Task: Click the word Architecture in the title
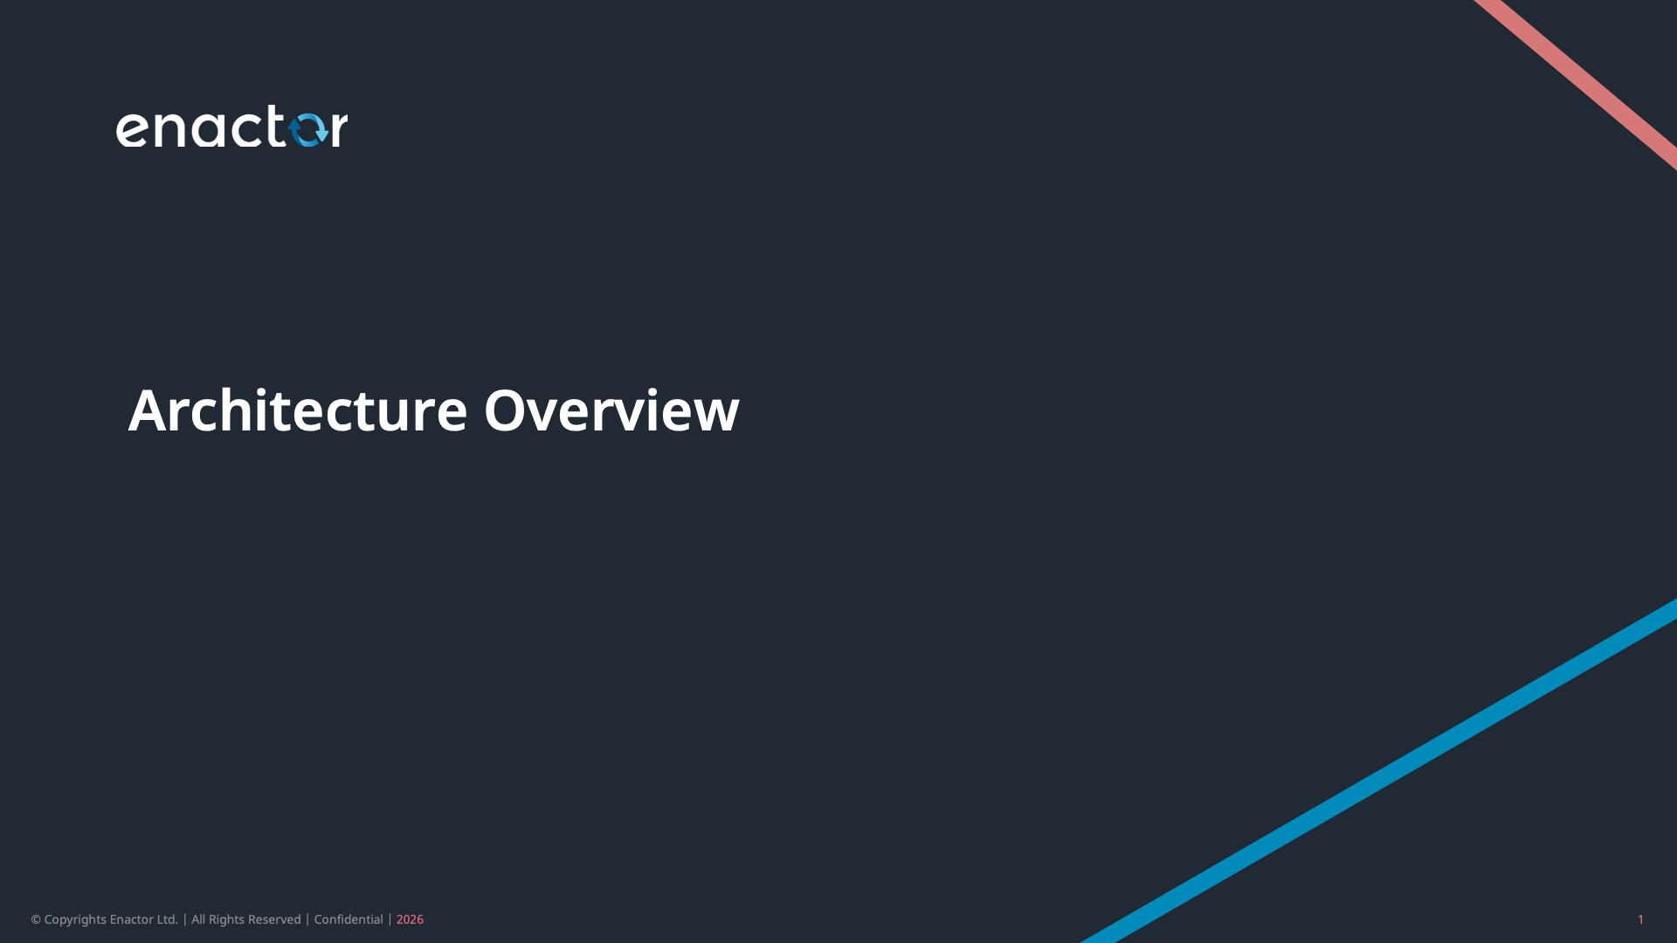pyautogui.click(x=298, y=410)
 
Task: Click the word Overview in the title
pyautogui.click(x=611, y=410)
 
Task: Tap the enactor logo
pyautogui.click(x=231, y=127)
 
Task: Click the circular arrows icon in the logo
pyautogui.click(x=307, y=129)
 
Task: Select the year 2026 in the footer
pyautogui.click(x=410, y=919)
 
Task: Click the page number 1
pyautogui.click(x=1640, y=919)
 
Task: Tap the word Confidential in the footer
pyautogui.click(x=349, y=919)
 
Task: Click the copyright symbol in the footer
pyautogui.click(x=36, y=919)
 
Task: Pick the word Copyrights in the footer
pyautogui.click(x=75, y=919)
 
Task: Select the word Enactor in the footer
pyautogui.click(x=132, y=919)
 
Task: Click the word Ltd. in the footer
pyautogui.click(x=168, y=919)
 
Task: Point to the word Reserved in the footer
pyautogui.click(x=274, y=919)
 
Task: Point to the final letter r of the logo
pyautogui.click(x=339, y=129)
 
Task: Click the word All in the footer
pyautogui.click(x=198, y=919)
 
